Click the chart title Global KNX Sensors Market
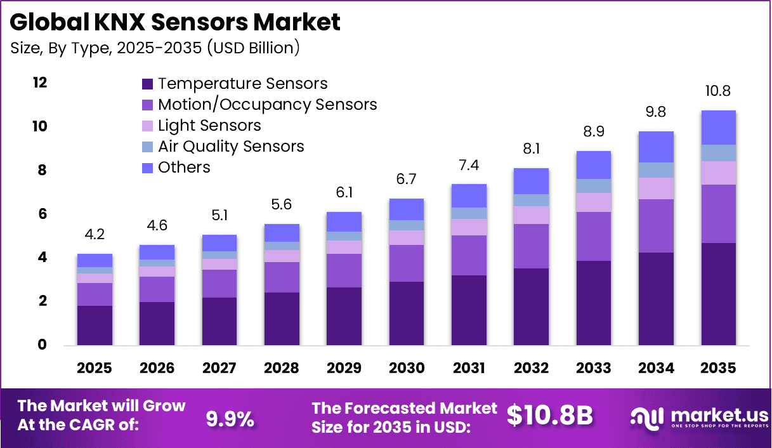tap(175, 22)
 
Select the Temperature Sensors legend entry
tap(242, 84)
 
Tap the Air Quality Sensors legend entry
tap(231, 147)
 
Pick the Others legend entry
tap(184, 168)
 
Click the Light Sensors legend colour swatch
tap(148, 126)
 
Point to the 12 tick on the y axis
tap(40, 83)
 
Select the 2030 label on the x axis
tap(406, 369)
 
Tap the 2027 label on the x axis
tap(219, 369)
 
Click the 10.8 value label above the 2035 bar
tap(718, 91)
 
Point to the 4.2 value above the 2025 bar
tap(95, 235)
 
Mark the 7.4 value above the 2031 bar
tap(469, 165)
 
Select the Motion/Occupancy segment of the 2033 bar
tap(593, 236)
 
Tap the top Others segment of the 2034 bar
tap(656, 147)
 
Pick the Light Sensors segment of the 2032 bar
tap(531, 215)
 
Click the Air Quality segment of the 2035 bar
tap(718, 153)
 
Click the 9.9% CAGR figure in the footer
tap(230, 418)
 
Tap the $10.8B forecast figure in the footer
tap(550, 416)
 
